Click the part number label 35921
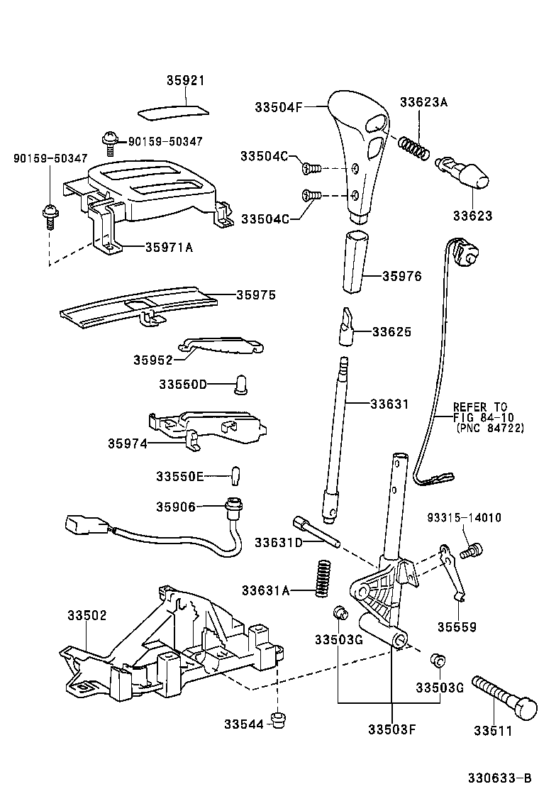point(185,81)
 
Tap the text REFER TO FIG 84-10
point(480,413)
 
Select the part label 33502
point(87,615)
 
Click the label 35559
point(456,627)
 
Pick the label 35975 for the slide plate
point(255,294)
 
